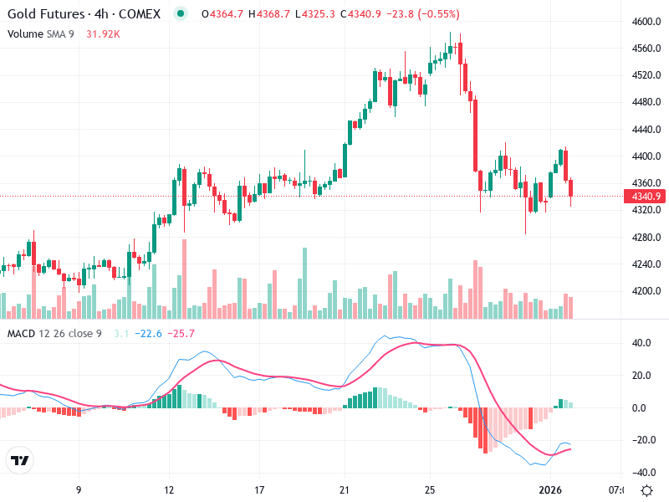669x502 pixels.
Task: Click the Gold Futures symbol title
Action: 84,14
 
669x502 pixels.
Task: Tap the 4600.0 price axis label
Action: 647,22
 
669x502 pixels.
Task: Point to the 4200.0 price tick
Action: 647,291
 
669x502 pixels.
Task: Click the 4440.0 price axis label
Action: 647,130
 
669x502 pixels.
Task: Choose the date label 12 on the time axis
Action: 169,489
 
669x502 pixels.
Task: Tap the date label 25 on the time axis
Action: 430,489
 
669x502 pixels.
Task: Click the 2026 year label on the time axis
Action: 549,489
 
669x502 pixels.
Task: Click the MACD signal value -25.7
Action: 181,334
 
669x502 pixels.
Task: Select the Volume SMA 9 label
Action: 41,33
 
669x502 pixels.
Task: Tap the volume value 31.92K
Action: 103,33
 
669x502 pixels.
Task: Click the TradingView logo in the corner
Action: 19,460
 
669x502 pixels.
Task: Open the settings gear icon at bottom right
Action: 646,489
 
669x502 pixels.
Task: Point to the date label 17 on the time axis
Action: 259,489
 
